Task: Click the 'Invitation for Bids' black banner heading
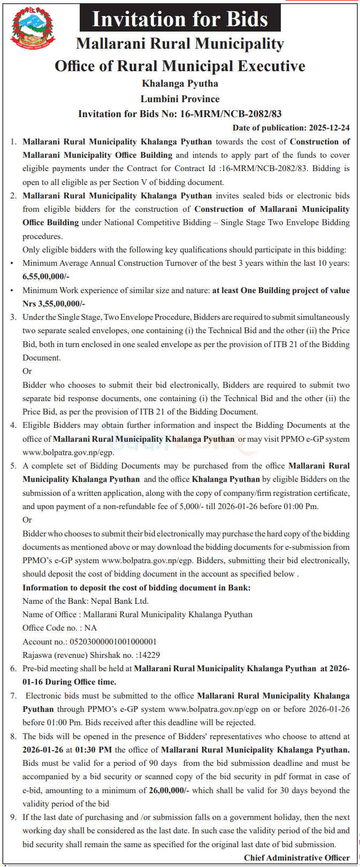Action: coord(180,20)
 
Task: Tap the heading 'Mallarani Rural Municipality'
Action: coord(180,44)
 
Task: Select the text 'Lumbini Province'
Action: coord(180,99)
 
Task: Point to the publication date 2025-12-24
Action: coord(329,128)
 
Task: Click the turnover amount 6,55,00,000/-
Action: coord(46,277)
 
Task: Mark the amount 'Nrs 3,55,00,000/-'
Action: coord(53,304)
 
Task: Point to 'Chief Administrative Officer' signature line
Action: coord(297,858)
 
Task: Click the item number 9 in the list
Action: coord(13,817)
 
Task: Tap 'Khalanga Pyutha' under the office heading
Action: coord(180,83)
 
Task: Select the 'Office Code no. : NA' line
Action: coord(59,628)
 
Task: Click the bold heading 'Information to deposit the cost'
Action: coord(136,588)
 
